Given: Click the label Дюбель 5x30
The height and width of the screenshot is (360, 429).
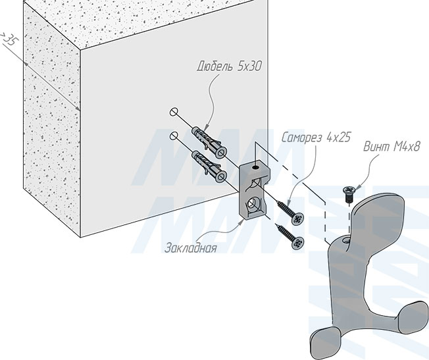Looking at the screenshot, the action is tap(229, 66).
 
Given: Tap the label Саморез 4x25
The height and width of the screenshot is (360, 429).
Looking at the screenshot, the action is tap(316, 137).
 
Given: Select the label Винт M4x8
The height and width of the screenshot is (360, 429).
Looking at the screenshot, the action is tap(391, 147).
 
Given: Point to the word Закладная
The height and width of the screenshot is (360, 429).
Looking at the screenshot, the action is tap(191, 247).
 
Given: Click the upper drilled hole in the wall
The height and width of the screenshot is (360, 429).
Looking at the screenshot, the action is tap(174, 112).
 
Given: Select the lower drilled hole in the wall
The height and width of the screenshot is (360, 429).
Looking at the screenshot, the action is tap(174, 136).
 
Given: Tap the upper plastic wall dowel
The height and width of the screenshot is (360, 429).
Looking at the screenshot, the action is tap(210, 141).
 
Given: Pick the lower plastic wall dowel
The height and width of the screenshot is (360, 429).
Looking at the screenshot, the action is tap(210, 166).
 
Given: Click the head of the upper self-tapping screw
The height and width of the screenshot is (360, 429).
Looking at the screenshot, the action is tap(297, 219).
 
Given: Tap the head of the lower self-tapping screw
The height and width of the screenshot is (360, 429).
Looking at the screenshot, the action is tap(298, 243).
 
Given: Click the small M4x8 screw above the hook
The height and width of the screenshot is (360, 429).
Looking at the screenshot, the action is tap(349, 194).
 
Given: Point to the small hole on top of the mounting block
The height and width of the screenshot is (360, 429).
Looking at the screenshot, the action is tap(255, 167).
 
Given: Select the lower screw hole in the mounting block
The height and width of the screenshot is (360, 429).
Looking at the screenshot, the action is tap(251, 205).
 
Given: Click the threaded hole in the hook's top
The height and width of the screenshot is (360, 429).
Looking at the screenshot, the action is tap(345, 240).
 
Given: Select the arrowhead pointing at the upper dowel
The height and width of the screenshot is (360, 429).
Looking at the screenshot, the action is tap(207, 126).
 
